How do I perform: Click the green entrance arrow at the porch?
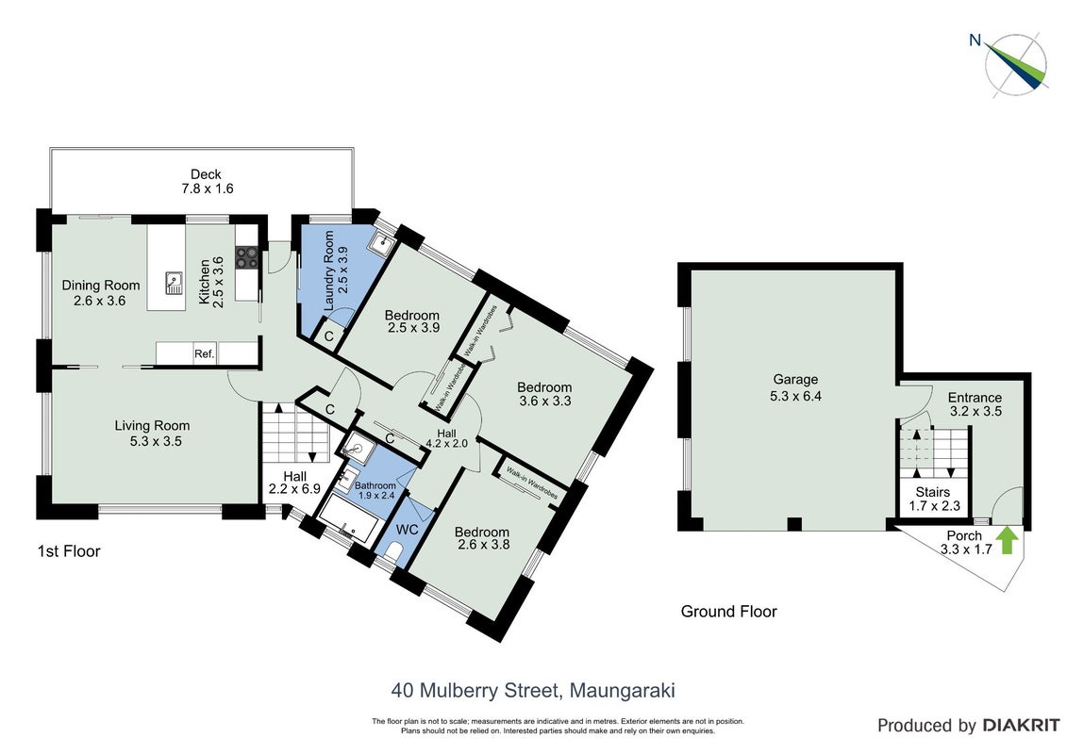pyautogui.click(x=1009, y=541)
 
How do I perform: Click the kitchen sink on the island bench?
pyautogui.click(x=174, y=282)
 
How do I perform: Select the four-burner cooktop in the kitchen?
pyautogui.click(x=246, y=257)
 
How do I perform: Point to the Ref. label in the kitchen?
pyautogui.click(x=204, y=354)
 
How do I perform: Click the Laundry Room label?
pyautogui.click(x=328, y=270)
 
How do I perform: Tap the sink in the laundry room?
pyautogui.click(x=379, y=242)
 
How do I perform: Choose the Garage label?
pyautogui.click(x=795, y=380)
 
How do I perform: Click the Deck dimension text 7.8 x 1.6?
pyautogui.click(x=207, y=189)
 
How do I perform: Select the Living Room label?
pyautogui.click(x=152, y=426)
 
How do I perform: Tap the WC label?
pyautogui.click(x=407, y=530)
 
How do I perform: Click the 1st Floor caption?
pyautogui.click(x=69, y=551)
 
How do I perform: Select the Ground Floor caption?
pyautogui.click(x=729, y=612)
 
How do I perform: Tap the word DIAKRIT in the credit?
pyautogui.click(x=1021, y=726)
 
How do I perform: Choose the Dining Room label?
pyautogui.click(x=101, y=286)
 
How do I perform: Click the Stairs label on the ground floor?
pyautogui.click(x=932, y=492)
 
